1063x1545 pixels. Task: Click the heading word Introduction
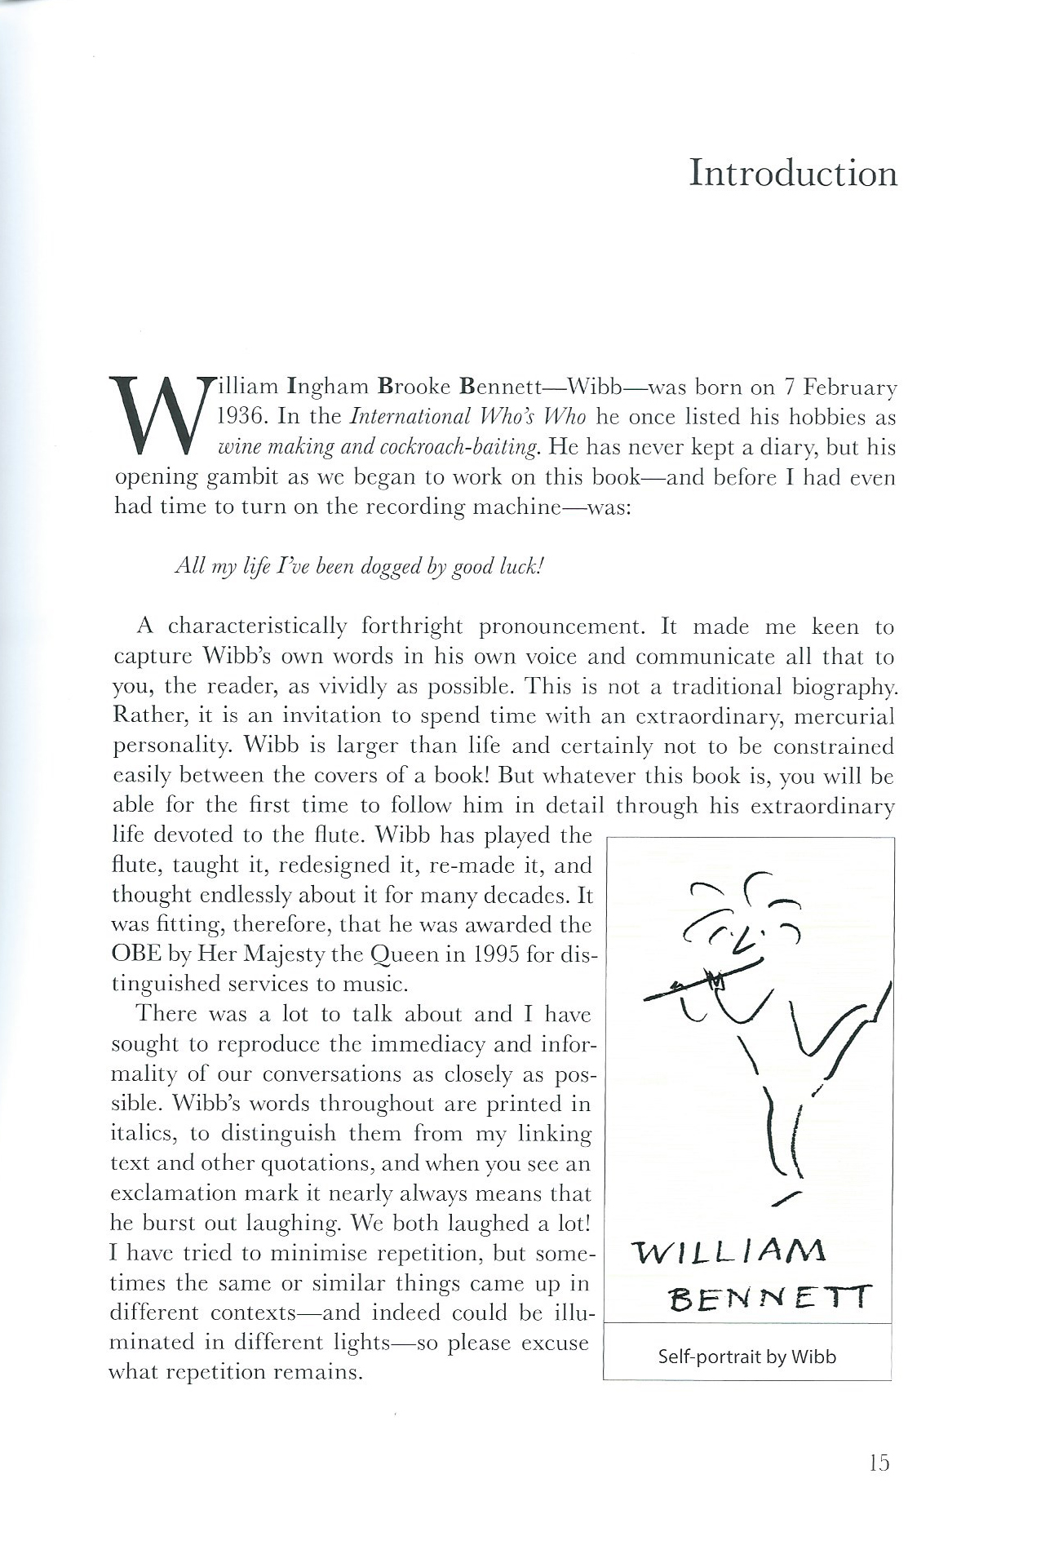793,174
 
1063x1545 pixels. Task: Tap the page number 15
878,1463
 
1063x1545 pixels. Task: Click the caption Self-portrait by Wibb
746,1357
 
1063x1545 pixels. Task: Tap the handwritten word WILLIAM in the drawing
729,1249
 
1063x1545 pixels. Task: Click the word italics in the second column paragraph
142,1134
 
